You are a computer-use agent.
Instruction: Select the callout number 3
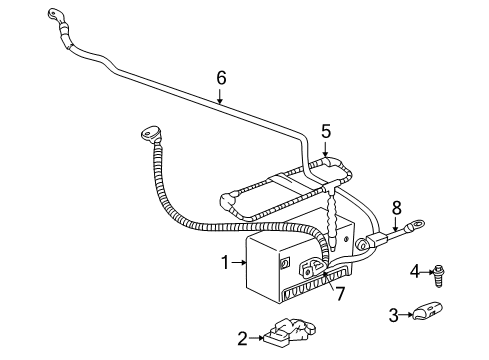click(394, 315)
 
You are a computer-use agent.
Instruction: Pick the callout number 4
click(415, 270)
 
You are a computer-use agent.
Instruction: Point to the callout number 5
click(325, 130)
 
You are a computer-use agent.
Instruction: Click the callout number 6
click(221, 75)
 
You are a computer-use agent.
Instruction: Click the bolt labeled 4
click(437, 269)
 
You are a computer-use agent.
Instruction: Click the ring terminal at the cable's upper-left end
click(53, 14)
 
